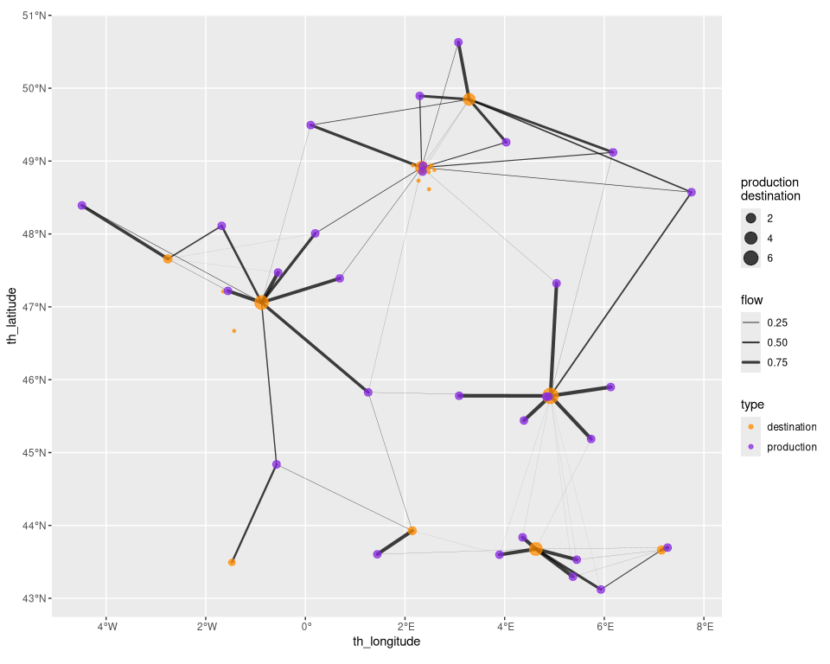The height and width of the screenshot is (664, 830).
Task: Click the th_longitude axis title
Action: click(386, 642)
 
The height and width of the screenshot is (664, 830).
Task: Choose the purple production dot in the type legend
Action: click(750, 447)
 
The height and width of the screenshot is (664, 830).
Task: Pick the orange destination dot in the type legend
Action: click(750, 427)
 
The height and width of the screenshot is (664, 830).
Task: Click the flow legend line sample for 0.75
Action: click(750, 362)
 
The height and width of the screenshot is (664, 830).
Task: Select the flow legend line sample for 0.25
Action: click(750, 322)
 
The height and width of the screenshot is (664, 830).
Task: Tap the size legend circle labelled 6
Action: click(750, 258)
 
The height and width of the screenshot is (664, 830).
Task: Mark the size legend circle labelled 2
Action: click(750, 218)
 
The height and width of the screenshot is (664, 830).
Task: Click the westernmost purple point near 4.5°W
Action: click(82, 205)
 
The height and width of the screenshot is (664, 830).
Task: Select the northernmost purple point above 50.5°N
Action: click(458, 42)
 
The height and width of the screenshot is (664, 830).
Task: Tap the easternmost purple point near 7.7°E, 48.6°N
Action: click(691, 192)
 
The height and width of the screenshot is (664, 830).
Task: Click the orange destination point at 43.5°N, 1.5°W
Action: click(232, 562)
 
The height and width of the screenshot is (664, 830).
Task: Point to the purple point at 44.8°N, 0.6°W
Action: click(276, 464)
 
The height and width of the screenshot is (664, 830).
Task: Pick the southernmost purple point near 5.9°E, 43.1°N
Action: click(601, 590)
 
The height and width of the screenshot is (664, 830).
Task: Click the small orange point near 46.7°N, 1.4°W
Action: click(234, 330)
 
